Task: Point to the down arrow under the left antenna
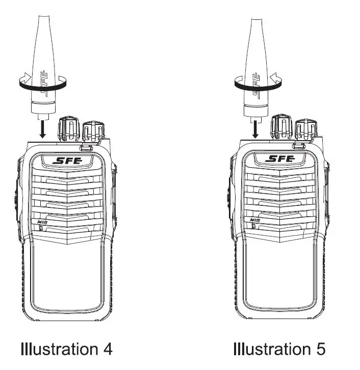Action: (x=43, y=129)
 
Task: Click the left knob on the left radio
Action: (x=68, y=128)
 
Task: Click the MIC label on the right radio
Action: (x=255, y=220)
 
